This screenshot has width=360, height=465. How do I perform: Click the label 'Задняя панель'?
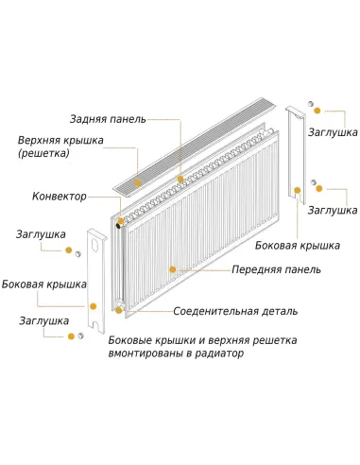(108, 119)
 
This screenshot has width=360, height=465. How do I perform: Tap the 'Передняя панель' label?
(277, 269)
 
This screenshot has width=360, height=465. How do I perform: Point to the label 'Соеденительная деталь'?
(235, 311)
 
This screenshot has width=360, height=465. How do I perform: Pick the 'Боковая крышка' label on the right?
(298, 245)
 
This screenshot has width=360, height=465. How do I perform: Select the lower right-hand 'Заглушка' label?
(332, 209)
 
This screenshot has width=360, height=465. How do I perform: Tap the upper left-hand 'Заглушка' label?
(41, 233)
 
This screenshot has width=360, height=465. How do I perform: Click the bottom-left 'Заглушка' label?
(43, 320)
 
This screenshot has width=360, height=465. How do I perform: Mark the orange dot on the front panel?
(172, 269)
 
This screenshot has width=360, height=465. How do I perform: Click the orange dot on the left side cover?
(94, 305)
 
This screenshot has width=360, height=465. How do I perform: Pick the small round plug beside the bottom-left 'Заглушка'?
(82, 335)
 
